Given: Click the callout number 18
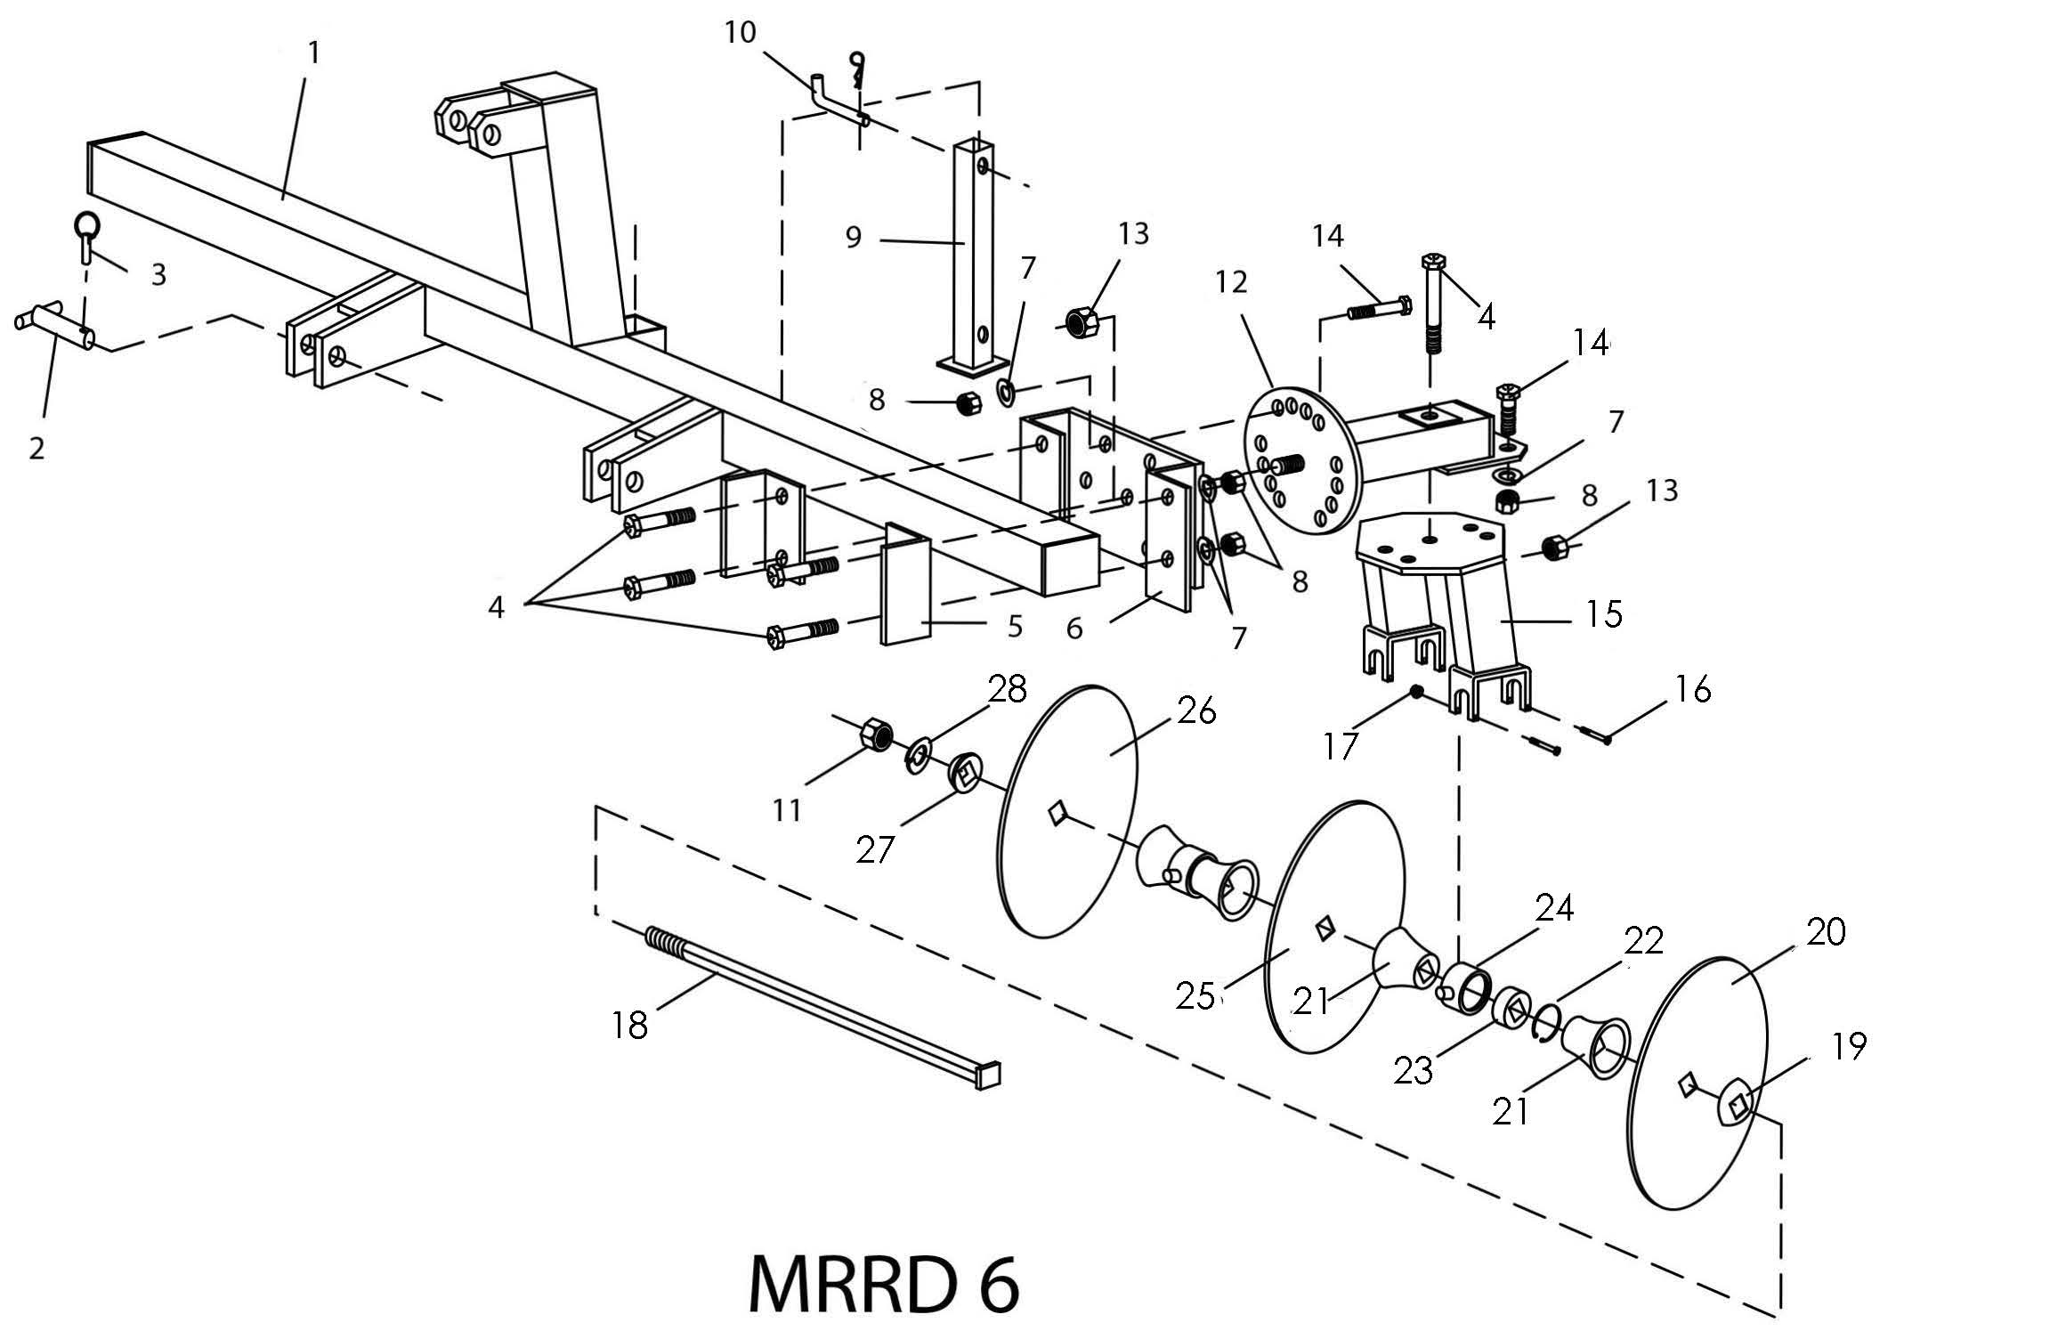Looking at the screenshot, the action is point(630,1026).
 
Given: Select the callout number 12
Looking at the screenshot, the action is point(1232,282).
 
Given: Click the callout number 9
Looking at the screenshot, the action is point(854,238).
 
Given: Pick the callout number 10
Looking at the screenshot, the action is point(740,32).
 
